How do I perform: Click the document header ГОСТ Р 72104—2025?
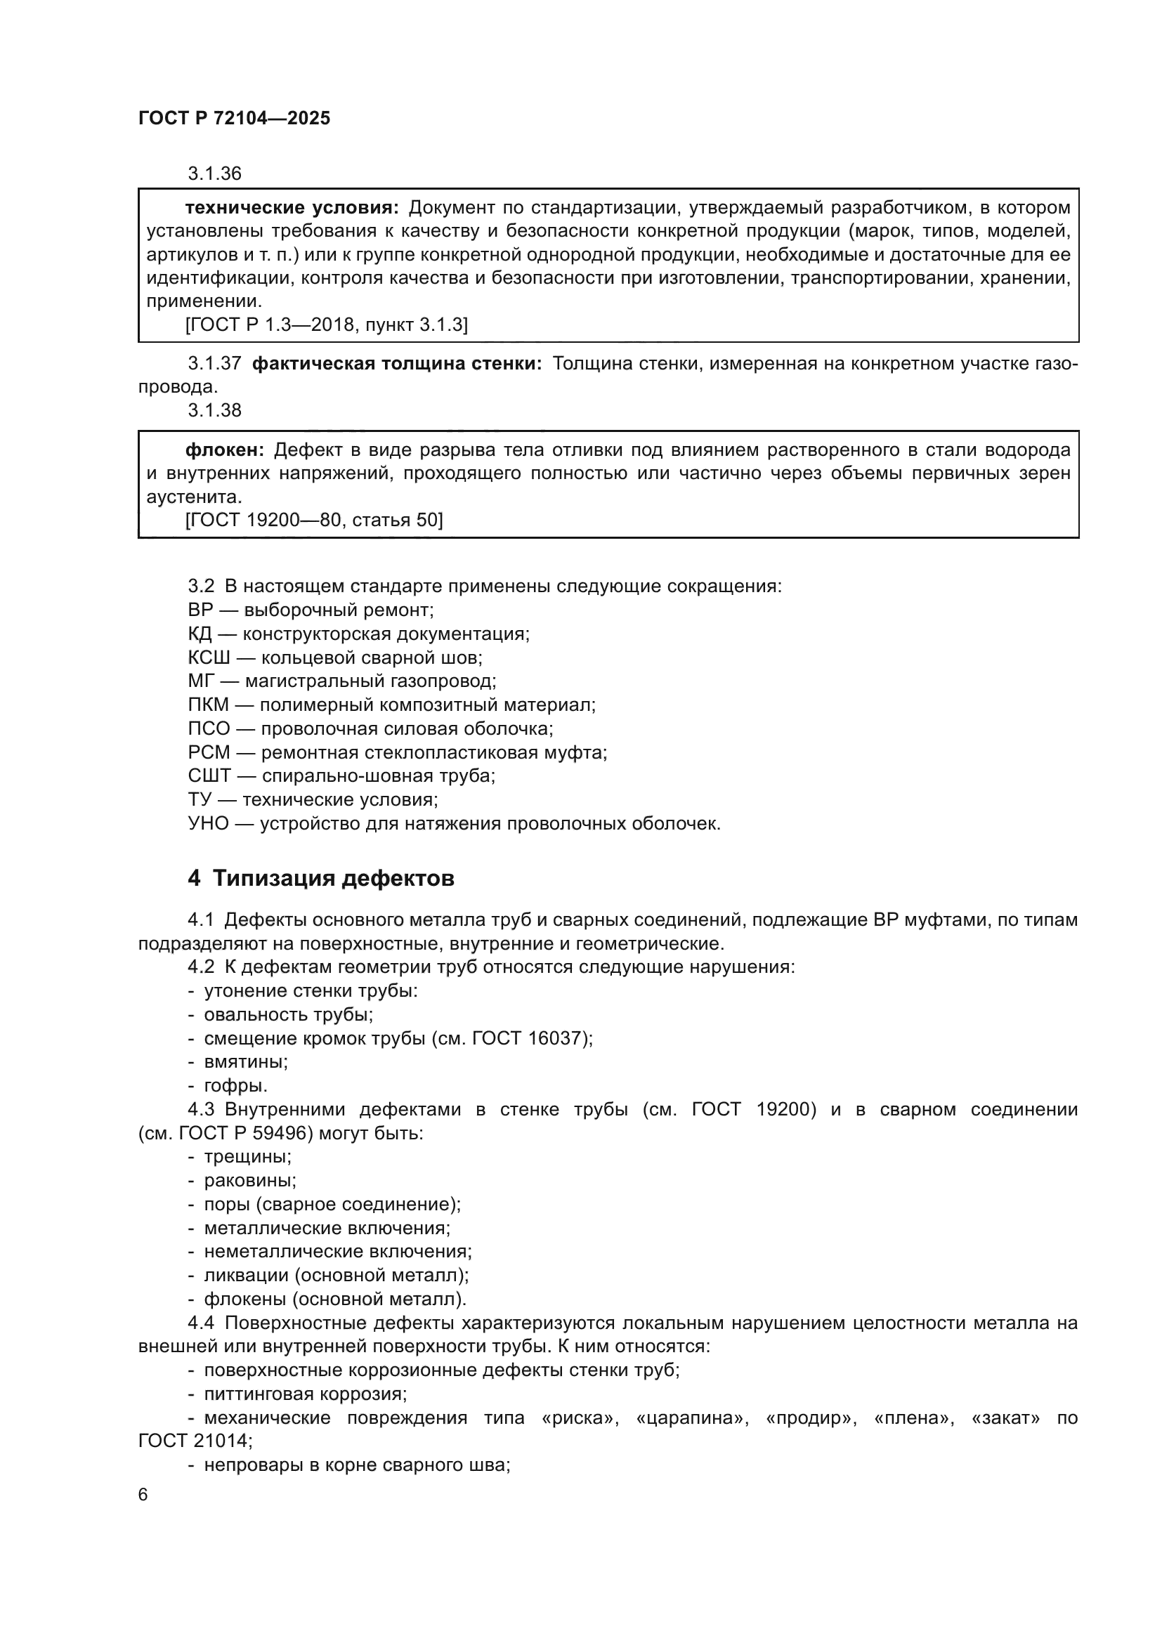(234, 118)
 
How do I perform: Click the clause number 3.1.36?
(215, 174)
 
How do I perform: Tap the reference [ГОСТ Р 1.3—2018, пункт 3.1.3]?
(326, 325)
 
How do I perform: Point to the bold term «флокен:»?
(225, 450)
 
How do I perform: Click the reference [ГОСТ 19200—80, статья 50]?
(314, 521)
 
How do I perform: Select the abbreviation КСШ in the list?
(208, 657)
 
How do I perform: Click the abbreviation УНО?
(208, 824)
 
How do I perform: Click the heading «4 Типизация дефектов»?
(320, 878)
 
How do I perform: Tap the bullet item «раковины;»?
(249, 1180)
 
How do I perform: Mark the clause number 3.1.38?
(215, 410)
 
